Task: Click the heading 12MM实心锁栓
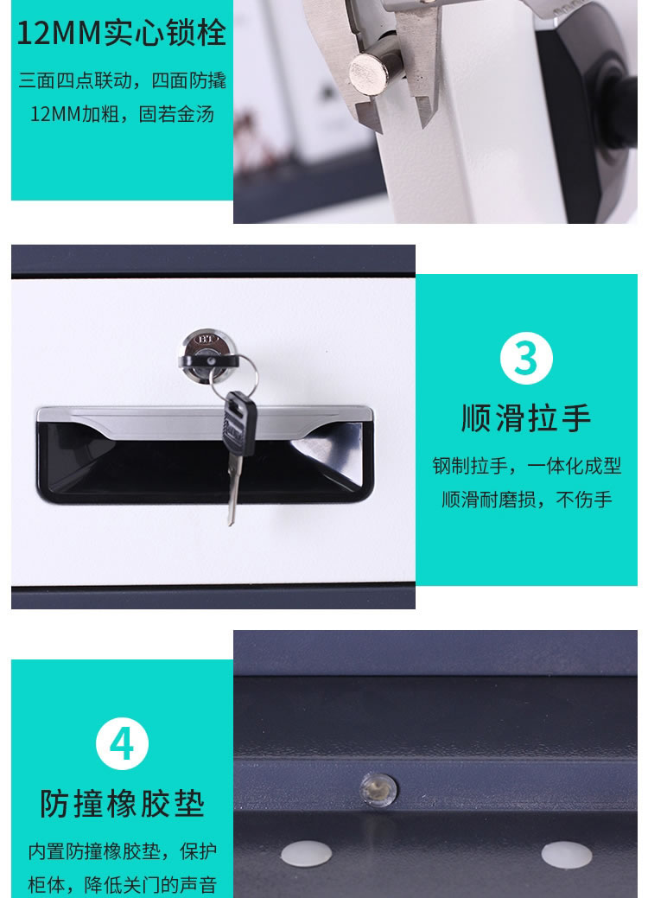pyautogui.click(x=121, y=33)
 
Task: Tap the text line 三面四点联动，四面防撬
pyautogui.click(x=122, y=80)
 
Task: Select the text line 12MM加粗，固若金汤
pyautogui.click(x=122, y=114)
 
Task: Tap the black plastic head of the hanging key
pyautogui.click(x=239, y=424)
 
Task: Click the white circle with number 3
pyautogui.click(x=526, y=358)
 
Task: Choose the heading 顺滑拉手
pyautogui.click(x=526, y=417)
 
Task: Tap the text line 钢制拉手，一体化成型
pyautogui.click(x=527, y=466)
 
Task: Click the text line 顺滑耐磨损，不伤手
pyautogui.click(x=527, y=500)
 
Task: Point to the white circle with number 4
pyautogui.click(x=122, y=743)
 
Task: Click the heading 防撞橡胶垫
pyautogui.click(x=122, y=804)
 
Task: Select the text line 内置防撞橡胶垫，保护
pyautogui.click(x=122, y=851)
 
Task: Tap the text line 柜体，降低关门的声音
pyautogui.click(x=122, y=884)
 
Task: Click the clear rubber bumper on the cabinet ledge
pyautogui.click(x=378, y=790)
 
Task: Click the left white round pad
pyautogui.click(x=306, y=853)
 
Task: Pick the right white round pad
pyautogui.click(x=567, y=855)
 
